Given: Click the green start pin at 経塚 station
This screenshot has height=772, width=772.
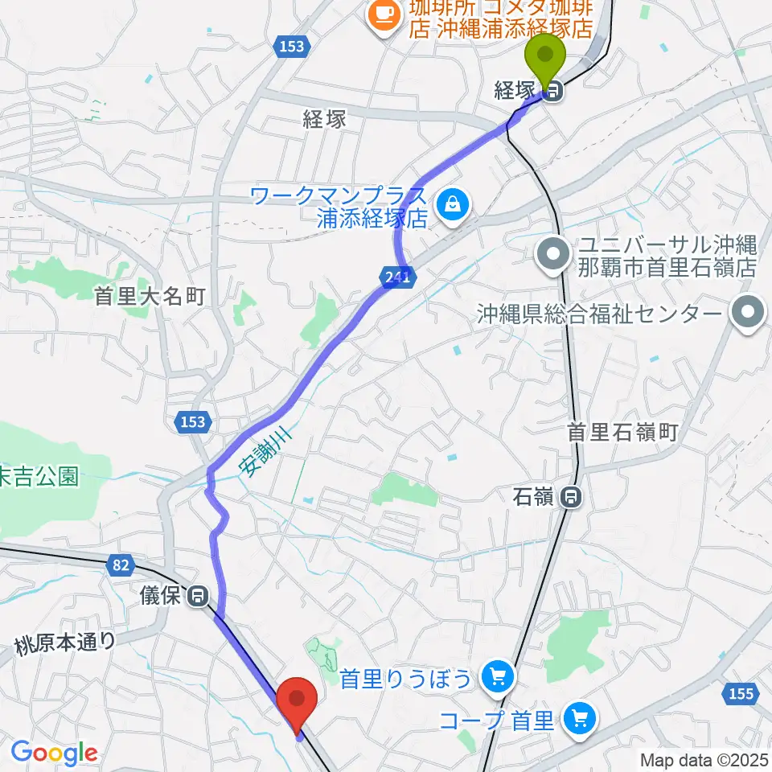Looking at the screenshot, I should click(544, 59).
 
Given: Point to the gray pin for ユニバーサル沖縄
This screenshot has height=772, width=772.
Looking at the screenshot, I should click(552, 255).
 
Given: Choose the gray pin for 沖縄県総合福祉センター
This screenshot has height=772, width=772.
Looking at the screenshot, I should click(749, 313).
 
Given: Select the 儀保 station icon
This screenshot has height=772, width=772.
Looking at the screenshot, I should click(197, 597).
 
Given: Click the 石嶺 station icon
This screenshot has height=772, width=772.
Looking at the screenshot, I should click(571, 498).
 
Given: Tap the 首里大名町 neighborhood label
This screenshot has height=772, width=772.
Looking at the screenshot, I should click(150, 297).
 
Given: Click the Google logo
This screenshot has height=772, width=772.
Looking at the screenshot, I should click(54, 753).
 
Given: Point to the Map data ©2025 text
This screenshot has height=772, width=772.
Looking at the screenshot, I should click(704, 759).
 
